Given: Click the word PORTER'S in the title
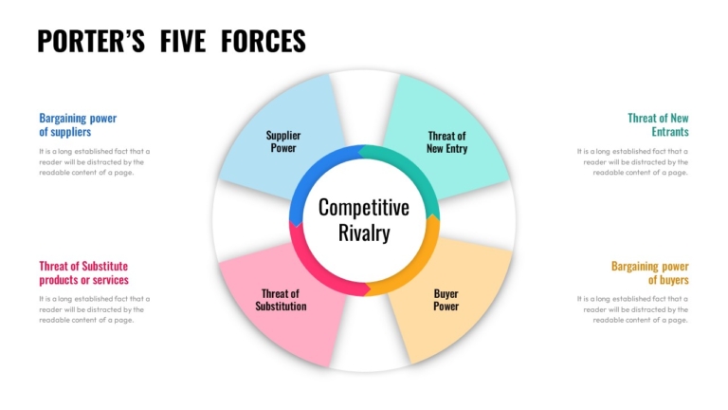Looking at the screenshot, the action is click(91, 41).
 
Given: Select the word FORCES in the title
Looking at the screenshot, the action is click(264, 41).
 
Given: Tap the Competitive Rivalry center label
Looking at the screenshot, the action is click(364, 220).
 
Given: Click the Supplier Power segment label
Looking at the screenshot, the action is click(283, 141).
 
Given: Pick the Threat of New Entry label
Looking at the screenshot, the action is click(446, 142).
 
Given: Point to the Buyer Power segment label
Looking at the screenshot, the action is click(446, 300).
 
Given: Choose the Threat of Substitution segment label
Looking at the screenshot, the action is click(281, 300).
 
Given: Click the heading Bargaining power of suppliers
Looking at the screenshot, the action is click(78, 125).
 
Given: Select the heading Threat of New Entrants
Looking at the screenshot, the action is click(658, 125).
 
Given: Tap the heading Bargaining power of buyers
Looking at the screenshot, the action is click(649, 273).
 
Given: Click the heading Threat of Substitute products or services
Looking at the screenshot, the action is click(83, 273).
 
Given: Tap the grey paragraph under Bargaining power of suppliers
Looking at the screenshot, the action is click(94, 161).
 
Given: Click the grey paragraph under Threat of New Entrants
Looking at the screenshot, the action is click(632, 161).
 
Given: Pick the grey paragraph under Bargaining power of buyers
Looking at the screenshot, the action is click(632, 309).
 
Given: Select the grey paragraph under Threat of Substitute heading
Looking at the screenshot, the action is click(94, 309).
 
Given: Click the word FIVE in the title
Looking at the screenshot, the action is click(182, 41).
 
